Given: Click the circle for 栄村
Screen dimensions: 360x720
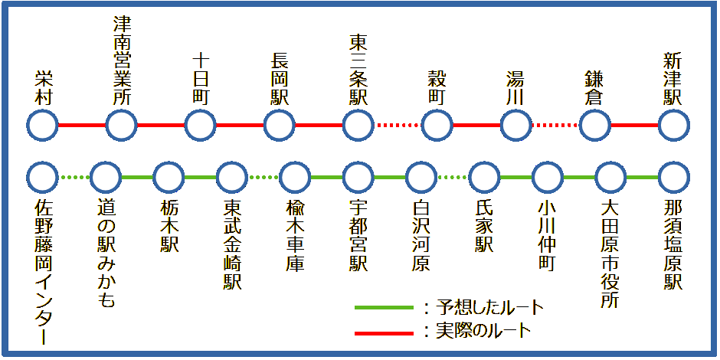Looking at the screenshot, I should (x=43, y=124).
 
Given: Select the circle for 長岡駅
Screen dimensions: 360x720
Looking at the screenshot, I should (x=280, y=124).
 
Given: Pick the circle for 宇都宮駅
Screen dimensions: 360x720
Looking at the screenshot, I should (x=358, y=178).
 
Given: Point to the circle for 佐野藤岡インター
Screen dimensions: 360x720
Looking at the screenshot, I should (x=43, y=178).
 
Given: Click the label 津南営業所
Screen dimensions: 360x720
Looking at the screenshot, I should (x=122, y=63).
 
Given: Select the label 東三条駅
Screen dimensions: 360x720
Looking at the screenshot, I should (x=358, y=70).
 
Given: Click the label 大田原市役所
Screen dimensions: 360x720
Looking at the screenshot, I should (x=610, y=254).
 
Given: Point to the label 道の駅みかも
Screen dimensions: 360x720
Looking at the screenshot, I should (x=106, y=254).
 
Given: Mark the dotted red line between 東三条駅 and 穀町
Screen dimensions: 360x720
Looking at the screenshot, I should (x=397, y=125).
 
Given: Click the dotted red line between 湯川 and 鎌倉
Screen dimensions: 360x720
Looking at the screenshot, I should (x=555, y=125).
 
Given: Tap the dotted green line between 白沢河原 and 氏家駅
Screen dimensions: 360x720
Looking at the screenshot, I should (x=452, y=178).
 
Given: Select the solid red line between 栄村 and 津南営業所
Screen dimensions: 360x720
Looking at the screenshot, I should (x=82, y=125).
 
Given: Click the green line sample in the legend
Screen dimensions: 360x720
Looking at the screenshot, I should (x=385, y=308).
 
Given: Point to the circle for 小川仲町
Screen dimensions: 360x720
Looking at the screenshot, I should (x=546, y=178).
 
